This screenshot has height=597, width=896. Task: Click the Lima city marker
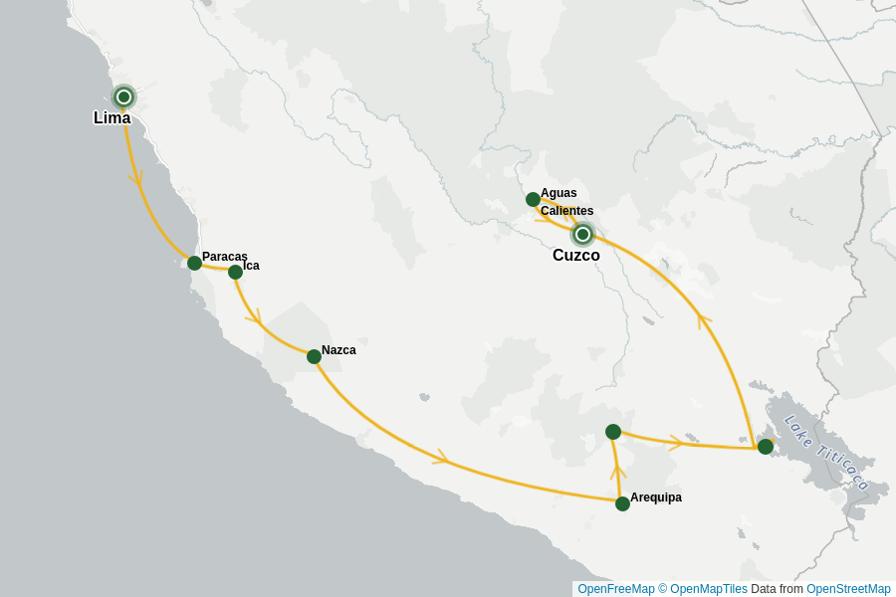123,97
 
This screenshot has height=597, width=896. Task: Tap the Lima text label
112,117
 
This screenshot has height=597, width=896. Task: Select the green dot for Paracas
194,263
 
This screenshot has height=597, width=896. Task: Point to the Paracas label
224,257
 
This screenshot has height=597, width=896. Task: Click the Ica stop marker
235,272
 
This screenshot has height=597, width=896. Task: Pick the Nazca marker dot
314,356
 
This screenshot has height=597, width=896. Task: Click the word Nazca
338,350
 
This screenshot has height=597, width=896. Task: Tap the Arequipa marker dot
622,503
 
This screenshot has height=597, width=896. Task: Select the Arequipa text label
656,497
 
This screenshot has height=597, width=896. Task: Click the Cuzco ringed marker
582,235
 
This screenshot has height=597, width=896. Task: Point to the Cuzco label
576,256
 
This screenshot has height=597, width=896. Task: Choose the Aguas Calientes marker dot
533,199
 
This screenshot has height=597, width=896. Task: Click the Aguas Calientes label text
565,202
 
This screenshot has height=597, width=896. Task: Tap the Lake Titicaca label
827,453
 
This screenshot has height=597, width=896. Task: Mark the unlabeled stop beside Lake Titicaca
765,447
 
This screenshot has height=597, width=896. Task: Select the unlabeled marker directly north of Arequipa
613,432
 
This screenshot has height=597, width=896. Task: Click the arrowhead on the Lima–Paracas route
135,178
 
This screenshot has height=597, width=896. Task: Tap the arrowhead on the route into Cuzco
705,320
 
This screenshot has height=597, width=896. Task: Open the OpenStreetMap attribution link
848,589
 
